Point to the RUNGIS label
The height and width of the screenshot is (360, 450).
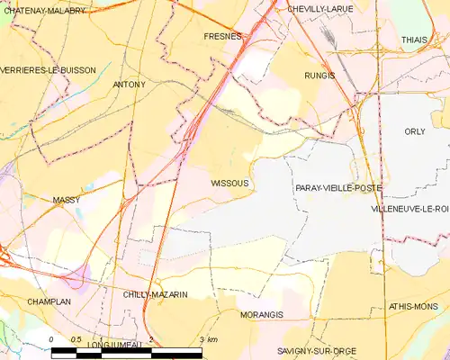point(319,76)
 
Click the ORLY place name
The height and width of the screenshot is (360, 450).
point(415,131)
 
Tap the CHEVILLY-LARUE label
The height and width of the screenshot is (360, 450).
point(320,8)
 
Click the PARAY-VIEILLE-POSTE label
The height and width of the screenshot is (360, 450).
point(337,188)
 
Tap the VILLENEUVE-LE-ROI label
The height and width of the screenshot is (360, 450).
point(409,209)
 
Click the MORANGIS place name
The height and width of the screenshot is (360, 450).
point(262,315)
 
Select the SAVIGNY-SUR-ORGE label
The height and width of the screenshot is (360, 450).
point(316,350)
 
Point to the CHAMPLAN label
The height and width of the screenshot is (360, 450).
point(49,301)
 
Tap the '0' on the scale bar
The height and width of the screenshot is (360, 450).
point(52,339)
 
